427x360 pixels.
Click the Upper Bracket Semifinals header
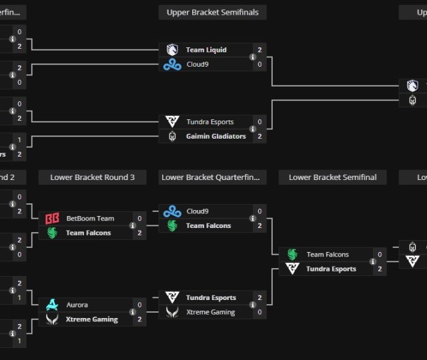click(x=213, y=12)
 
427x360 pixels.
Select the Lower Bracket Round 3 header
click(x=92, y=177)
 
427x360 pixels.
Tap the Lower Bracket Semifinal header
click(x=332, y=177)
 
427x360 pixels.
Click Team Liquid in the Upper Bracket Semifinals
click(x=206, y=50)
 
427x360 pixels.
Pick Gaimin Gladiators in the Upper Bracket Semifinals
click(x=216, y=136)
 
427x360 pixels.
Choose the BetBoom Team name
click(x=90, y=218)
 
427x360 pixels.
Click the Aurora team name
click(x=77, y=305)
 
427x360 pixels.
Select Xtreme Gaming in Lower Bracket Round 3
click(x=92, y=319)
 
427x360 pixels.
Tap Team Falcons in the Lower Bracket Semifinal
click(x=328, y=254)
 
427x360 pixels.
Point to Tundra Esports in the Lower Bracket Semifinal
click(x=331, y=269)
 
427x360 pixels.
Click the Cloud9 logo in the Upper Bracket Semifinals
click(x=172, y=64)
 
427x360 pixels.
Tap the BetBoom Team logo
click(x=52, y=218)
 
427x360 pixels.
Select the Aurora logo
click(x=52, y=305)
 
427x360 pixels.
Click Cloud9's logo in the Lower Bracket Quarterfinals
click(x=172, y=211)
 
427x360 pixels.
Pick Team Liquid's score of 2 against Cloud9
click(x=260, y=50)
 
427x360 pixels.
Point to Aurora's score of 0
click(x=139, y=305)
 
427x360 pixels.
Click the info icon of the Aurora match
click(x=132, y=312)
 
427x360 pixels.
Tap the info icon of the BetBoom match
click(x=132, y=225)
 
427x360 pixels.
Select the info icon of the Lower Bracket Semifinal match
click(x=372, y=261)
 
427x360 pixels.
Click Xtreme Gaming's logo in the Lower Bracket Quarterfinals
click(x=172, y=312)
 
